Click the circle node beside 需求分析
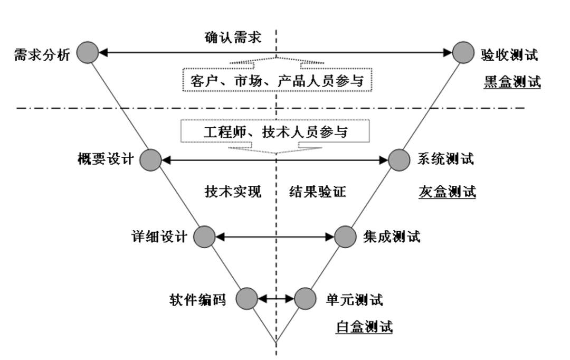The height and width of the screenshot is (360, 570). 88,53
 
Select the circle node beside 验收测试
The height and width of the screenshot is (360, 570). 463,53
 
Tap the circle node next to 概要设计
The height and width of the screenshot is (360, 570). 151,159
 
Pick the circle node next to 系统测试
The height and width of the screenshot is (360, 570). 398,159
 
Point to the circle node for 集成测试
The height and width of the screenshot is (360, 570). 345,236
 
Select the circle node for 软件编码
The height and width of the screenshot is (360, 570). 246,299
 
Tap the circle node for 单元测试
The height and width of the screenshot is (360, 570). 304,299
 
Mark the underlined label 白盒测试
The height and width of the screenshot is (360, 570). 364,327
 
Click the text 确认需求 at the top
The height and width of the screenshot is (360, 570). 233,38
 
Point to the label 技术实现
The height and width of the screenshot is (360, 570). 233,192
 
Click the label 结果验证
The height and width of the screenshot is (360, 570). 318,192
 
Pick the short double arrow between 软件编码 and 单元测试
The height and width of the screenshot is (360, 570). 275,299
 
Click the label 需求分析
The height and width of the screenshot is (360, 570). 41,54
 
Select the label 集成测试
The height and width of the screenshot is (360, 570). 392,236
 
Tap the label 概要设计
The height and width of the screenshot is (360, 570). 106,159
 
